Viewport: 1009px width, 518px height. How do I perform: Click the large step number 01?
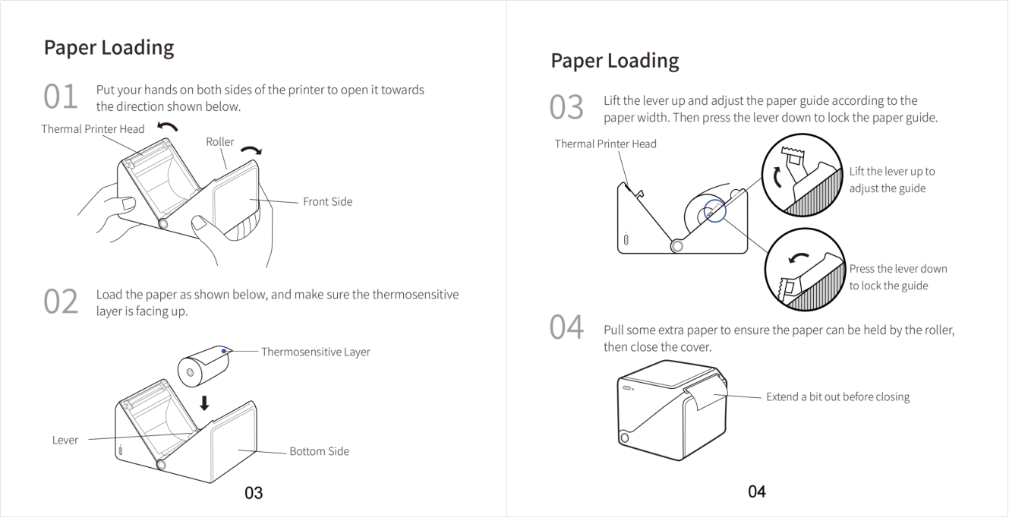point(61,96)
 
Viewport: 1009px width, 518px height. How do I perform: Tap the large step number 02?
point(61,301)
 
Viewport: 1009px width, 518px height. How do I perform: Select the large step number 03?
point(566,107)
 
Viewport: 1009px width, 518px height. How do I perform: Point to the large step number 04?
point(566,327)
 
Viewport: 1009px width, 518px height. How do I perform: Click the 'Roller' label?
point(220,141)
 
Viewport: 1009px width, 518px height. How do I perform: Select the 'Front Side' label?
point(327,201)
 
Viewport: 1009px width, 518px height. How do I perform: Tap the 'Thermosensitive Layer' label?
point(315,352)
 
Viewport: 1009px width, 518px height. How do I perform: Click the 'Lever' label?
point(65,440)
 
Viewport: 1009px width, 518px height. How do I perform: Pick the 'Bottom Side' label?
point(319,451)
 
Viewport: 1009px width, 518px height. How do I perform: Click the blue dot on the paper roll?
point(224,351)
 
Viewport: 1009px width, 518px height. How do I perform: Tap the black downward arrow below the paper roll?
point(204,403)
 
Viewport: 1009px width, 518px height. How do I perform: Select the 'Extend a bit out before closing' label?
point(838,396)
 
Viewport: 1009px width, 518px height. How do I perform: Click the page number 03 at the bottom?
point(254,493)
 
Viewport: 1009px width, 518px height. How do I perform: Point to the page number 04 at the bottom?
point(757,491)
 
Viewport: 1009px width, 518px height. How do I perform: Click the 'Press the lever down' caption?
point(898,269)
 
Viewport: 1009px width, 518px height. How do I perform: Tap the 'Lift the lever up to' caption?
point(892,172)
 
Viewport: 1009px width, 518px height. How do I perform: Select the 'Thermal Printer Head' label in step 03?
point(605,144)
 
